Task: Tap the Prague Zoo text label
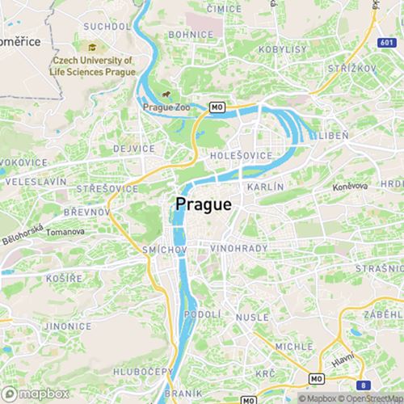(165, 107)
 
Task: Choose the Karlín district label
(266, 187)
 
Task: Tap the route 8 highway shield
(364, 385)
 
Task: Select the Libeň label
(333, 136)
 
